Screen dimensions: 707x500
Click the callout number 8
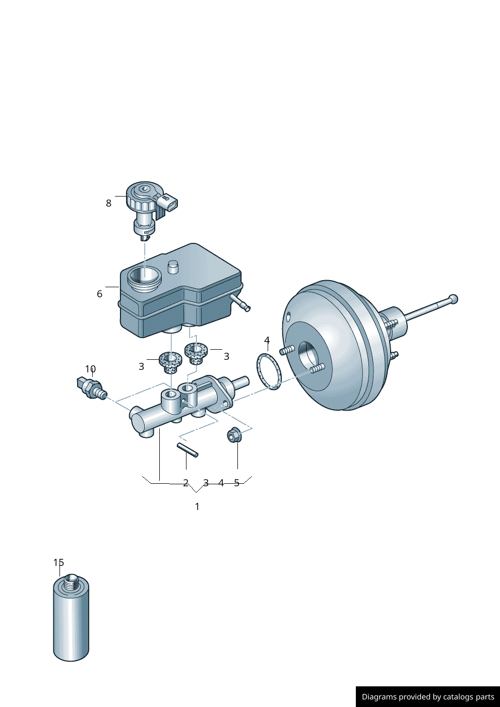click(x=108, y=203)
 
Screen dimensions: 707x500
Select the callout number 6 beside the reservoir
click(x=99, y=294)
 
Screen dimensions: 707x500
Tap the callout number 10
click(x=90, y=369)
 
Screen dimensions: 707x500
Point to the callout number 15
click(x=59, y=562)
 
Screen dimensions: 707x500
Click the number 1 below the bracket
click(x=197, y=506)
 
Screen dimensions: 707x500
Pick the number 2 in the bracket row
click(x=185, y=483)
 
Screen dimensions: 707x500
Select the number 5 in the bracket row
click(x=236, y=483)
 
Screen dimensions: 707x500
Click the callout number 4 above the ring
click(x=267, y=341)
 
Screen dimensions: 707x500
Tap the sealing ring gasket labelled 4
click(x=269, y=371)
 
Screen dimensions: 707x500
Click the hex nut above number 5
click(x=233, y=435)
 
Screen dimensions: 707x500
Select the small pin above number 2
click(x=187, y=449)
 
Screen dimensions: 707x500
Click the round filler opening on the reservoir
click(x=144, y=276)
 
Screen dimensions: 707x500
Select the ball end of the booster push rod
click(x=453, y=299)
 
